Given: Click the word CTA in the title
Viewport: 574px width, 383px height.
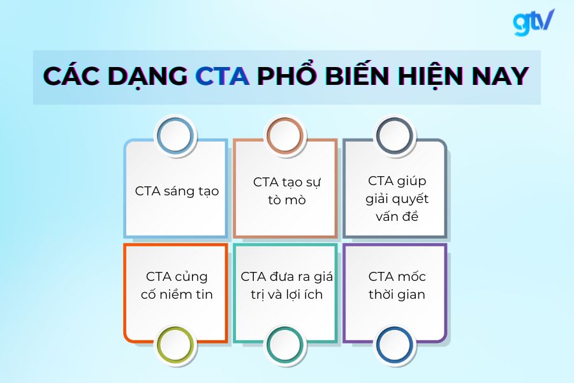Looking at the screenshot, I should pyautogui.click(x=222, y=77).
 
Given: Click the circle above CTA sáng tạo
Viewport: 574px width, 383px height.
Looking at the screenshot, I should pyautogui.click(x=175, y=136).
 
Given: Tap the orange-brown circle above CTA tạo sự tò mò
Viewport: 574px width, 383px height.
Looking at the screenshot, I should pyautogui.click(x=284, y=136).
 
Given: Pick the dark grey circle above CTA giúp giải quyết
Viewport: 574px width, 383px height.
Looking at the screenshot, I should pyautogui.click(x=394, y=136).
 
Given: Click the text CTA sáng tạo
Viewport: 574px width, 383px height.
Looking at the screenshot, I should pyautogui.click(x=177, y=191).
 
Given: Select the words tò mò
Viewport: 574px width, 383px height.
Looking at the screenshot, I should pyautogui.click(x=287, y=200).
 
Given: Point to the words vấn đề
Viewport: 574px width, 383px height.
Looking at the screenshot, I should pyautogui.click(x=397, y=216).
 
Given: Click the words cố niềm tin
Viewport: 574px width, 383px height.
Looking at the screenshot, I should pyautogui.click(x=177, y=294).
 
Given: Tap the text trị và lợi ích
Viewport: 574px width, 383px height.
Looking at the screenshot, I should pyautogui.click(x=287, y=294).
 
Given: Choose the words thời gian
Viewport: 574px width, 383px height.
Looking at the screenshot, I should pyautogui.click(x=397, y=294).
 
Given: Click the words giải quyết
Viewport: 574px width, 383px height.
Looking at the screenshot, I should pyautogui.click(x=397, y=199).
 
